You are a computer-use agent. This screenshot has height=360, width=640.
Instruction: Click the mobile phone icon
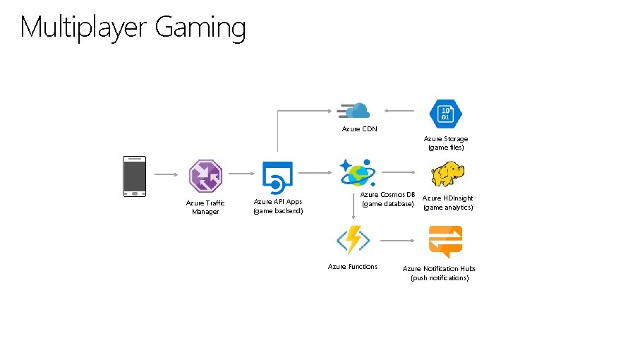point(134,176)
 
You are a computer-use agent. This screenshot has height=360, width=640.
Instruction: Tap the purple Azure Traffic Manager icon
point(205,176)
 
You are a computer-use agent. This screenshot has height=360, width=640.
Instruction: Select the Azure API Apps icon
point(277,176)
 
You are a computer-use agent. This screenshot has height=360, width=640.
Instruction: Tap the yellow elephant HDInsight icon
point(448,174)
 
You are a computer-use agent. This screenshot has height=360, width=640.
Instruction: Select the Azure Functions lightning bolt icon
point(353,240)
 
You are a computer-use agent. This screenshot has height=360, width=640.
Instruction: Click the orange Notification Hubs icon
point(445,241)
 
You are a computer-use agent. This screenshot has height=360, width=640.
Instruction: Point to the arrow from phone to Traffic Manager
point(167,174)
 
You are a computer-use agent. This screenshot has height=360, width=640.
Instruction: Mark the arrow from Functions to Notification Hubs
point(399,241)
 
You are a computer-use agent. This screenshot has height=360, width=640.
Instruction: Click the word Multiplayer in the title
point(84,28)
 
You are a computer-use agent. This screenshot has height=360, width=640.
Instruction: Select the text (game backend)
point(278,210)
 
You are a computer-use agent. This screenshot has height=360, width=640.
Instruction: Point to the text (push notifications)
point(440,278)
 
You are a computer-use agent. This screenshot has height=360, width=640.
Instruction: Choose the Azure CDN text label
point(359,129)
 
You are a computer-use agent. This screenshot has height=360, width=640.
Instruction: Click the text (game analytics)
point(448,208)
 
